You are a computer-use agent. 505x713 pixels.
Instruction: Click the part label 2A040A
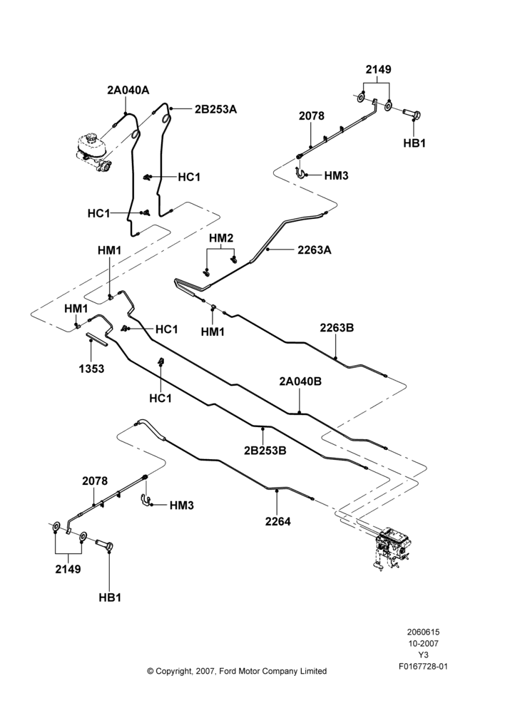click(128, 90)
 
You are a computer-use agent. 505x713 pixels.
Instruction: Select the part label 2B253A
click(215, 110)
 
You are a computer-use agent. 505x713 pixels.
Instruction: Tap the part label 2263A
click(315, 250)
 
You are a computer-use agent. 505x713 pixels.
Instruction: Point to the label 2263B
click(337, 328)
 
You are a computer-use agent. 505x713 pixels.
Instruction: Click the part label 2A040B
click(300, 381)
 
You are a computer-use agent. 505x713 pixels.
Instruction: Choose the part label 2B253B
click(265, 451)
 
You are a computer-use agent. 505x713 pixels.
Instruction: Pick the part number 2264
click(278, 521)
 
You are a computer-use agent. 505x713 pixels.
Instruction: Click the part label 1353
click(91, 369)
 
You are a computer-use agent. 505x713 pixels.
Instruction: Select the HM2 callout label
click(221, 238)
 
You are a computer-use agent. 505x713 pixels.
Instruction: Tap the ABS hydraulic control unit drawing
click(393, 547)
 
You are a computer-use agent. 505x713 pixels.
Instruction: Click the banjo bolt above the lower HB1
click(105, 544)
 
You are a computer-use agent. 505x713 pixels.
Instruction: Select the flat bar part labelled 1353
click(97, 340)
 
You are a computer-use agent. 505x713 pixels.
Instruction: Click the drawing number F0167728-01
click(423, 667)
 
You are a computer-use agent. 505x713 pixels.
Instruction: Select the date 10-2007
click(423, 643)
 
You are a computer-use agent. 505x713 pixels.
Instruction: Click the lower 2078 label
click(95, 481)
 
